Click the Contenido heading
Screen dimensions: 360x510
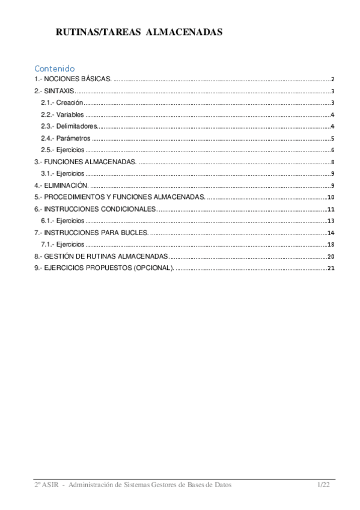[x=54, y=68]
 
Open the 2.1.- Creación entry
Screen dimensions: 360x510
[x=61, y=103]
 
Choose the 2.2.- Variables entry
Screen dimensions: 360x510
[x=63, y=115]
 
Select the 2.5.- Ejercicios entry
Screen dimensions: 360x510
[x=63, y=150]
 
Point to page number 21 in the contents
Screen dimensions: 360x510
[x=330, y=268]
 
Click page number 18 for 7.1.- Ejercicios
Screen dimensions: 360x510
[x=330, y=245]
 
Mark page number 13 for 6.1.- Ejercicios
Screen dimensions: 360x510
[x=330, y=221]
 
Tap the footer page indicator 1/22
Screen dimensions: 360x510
[x=324, y=485]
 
